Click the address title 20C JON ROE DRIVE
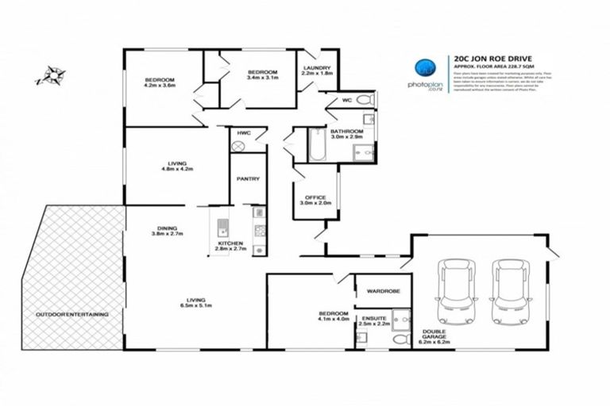[490, 58]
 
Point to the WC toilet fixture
[364, 101]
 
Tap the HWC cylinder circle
[237, 147]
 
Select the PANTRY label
[248, 179]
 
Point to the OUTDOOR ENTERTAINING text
[71, 315]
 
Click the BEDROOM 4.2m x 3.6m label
[159, 82]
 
